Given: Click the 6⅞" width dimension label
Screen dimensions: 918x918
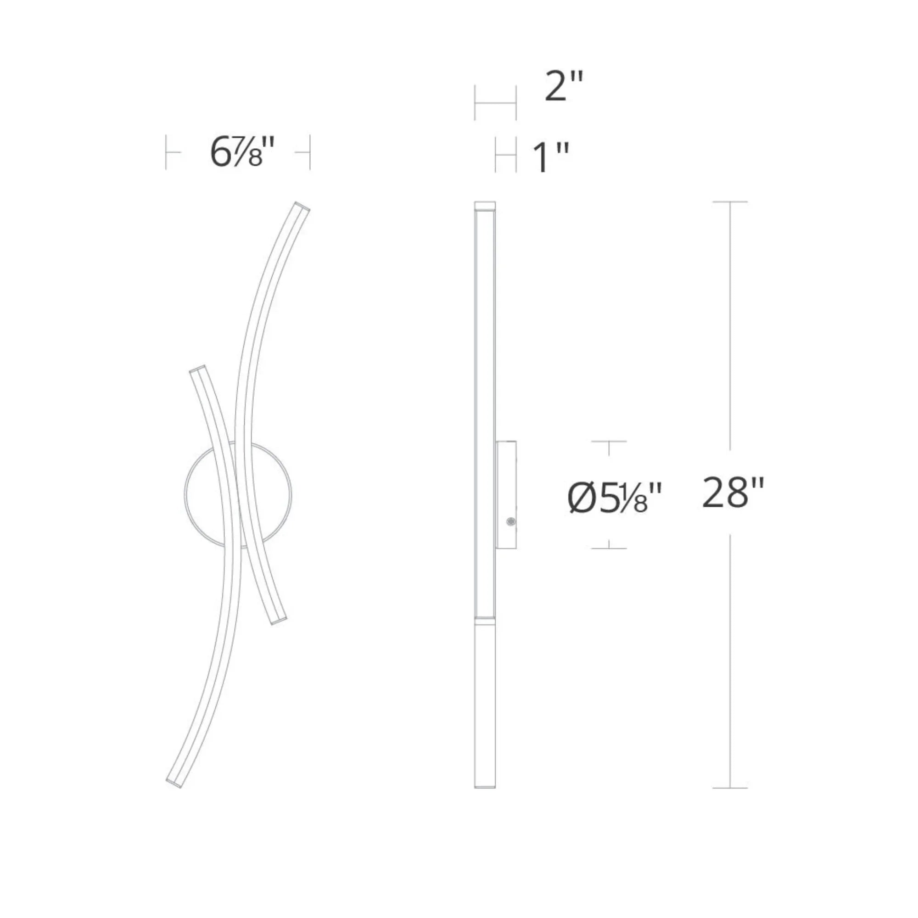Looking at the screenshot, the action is tap(242, 152).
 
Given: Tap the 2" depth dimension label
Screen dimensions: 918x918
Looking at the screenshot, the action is tap(564, 86).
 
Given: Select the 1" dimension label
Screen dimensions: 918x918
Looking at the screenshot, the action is tap(551, 157).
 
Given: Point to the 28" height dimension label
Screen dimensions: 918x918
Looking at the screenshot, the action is tap(733, 493).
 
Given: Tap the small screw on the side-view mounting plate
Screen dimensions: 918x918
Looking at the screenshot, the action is tap(511, 522).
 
